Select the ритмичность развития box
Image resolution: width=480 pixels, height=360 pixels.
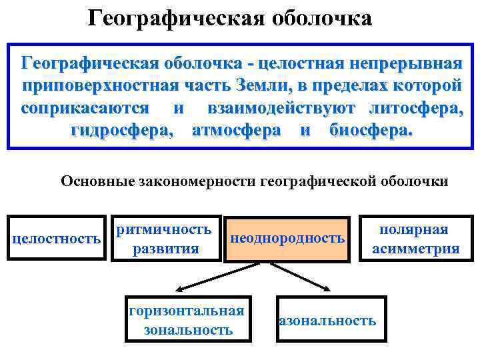pos(165,239)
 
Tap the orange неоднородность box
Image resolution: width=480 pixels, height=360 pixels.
pos(287,238)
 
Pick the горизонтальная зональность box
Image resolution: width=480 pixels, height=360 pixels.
pos(186,320)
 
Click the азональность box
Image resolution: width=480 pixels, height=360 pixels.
pos(327,321)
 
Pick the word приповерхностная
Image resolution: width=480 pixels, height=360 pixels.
pos(107,86)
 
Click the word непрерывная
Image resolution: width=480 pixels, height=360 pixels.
pos(401,64)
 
